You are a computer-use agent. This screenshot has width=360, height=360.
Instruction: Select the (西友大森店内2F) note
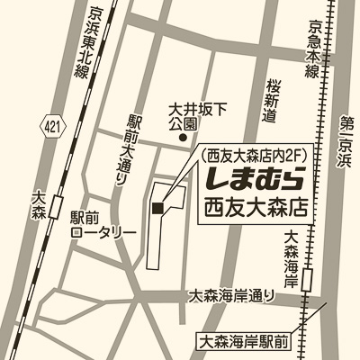[x=254, y=148]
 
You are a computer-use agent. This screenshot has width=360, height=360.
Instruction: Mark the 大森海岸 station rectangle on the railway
[x=309, y=279]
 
